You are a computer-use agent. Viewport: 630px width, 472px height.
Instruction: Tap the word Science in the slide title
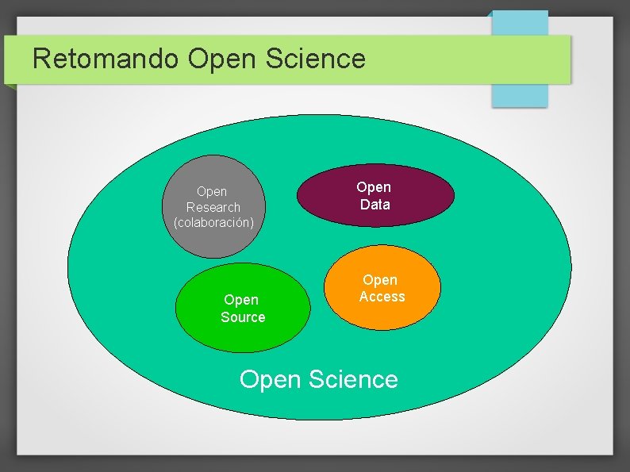pos(321,59)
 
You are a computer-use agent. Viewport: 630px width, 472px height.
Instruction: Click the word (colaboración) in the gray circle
pos(213,222)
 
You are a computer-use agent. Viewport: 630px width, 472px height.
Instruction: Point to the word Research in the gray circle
pos(213,207)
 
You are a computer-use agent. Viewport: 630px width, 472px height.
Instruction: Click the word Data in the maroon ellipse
pos(375,205)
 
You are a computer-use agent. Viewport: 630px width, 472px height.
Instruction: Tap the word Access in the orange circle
pos(382,297)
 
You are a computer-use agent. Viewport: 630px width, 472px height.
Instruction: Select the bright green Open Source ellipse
pos(242,333)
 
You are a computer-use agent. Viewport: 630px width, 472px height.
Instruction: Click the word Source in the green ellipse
pos(243,317)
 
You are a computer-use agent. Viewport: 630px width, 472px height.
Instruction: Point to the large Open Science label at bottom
pos(318,379)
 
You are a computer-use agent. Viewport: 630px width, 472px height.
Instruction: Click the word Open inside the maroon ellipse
pos(374,187)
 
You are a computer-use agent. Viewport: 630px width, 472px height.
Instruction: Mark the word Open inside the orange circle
pos(380,280)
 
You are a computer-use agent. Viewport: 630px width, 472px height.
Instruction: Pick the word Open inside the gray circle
pos(212,191)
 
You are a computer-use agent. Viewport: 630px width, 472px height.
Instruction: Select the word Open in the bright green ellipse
pos(241,300)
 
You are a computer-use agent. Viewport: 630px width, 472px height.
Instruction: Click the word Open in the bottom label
pos(271,380)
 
